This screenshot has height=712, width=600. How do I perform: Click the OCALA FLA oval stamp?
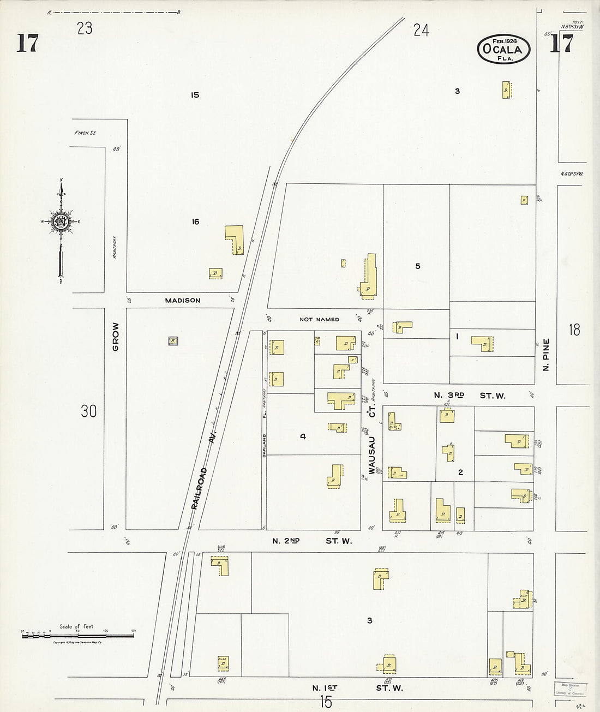[503, 49]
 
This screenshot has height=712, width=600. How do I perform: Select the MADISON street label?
[183, 301]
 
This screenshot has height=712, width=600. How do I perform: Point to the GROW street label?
[115, 336]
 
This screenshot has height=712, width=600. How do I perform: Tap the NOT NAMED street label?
[319, 319]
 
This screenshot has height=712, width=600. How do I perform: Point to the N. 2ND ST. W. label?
[312, 541]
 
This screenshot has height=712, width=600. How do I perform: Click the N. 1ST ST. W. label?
[358, 688]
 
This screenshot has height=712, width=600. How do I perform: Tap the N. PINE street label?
[545, 355]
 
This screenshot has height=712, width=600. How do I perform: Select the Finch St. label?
[85, 133]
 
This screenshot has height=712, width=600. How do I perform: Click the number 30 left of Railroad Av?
[88, 411]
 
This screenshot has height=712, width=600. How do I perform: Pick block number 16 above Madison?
[195, 222]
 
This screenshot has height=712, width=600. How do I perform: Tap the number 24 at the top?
[421, 31]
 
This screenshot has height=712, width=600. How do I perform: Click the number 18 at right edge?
[574, 330]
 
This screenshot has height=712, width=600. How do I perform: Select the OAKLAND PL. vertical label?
[263, 434]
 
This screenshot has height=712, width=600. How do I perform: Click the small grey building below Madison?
[173, 340]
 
